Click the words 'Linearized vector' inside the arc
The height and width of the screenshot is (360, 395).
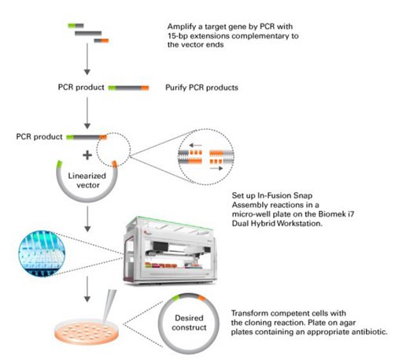tap(87, 180)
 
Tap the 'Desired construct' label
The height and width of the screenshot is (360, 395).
tap(189, 323)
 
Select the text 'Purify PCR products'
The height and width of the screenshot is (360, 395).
tap(201, 87)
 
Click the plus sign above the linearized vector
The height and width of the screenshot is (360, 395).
tap(87, 155)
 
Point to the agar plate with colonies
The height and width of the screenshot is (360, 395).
tap(87, 332)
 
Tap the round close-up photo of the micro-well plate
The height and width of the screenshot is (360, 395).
tap(42, 254)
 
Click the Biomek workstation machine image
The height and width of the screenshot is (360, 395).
tap(170, 251)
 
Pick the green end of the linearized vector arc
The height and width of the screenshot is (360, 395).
tap(60, 164)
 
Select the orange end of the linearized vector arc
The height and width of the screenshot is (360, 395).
tap(115, 164)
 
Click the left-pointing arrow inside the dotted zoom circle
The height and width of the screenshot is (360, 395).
tap(195, 145)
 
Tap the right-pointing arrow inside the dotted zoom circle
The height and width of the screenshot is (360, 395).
tap(216, 169)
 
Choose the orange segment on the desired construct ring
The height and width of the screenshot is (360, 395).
tap(201, 298)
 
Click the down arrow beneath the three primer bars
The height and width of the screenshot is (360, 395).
tap(87, 59)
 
